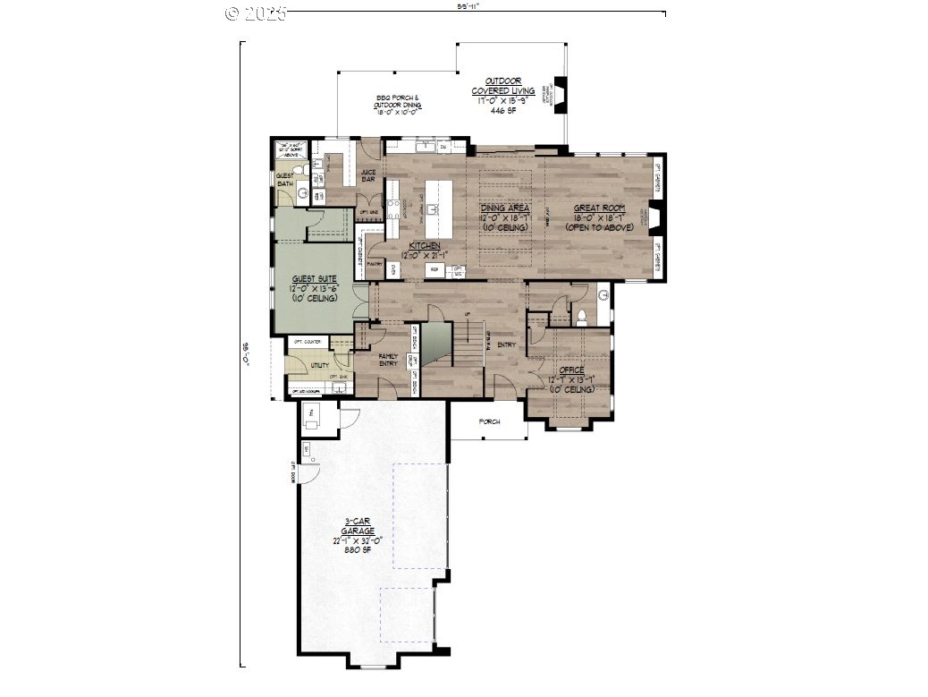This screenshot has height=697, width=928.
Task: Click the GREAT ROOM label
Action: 599,208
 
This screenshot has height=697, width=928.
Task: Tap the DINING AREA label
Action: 505,208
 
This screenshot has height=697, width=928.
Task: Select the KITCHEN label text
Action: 423,245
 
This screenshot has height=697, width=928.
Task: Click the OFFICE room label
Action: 571,370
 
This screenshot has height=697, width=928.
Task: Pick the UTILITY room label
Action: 319,365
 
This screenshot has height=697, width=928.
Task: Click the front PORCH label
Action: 488,421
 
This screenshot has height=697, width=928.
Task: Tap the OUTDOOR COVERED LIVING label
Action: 503,86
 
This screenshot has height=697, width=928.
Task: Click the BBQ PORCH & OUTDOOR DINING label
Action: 398,101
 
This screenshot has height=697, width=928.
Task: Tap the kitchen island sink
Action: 431,209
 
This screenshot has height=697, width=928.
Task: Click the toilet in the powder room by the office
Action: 582,314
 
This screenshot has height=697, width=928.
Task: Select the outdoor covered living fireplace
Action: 561,93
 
